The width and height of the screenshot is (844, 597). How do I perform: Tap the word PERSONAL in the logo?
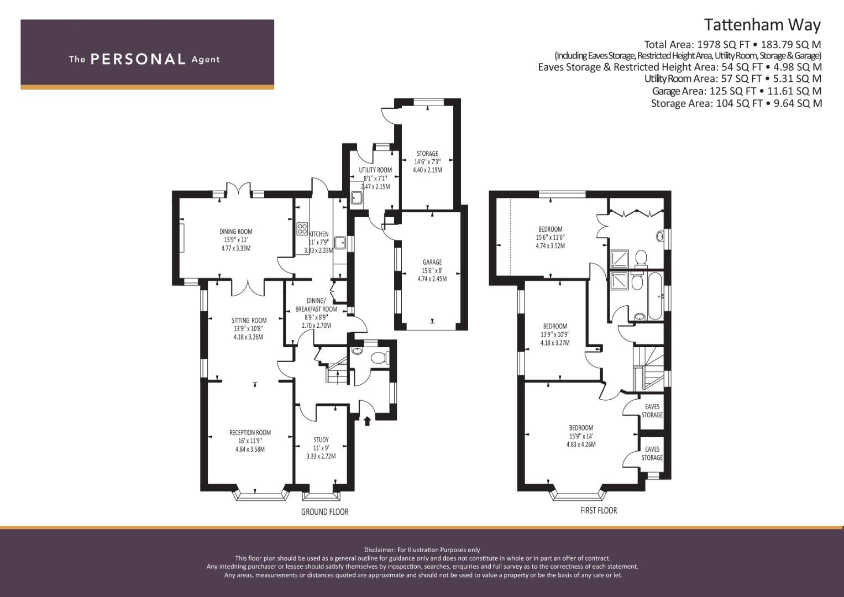(x=138, y=59)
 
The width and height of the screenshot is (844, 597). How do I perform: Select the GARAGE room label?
(x=432, y=262)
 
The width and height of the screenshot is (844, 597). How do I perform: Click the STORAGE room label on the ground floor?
(x=427, y=154)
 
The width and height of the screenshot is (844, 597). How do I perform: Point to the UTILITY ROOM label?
(x=375, y=170)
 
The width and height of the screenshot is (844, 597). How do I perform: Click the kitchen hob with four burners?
(x=302, y=229)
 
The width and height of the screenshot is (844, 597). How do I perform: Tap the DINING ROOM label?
(x=236, y=232)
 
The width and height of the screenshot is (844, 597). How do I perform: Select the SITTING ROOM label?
(x=249, y=321)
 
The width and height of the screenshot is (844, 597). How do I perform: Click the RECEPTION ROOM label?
(x=250, y=432)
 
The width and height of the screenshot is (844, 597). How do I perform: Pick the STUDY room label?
(x=321, y=440)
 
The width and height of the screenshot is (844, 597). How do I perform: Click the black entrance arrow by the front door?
(x=368, y=421)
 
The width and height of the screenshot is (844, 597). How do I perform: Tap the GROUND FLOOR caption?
(x=325, y=512)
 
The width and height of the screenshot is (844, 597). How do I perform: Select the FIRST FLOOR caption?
(x=599, y=511)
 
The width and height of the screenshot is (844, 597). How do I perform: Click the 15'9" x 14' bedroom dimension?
(x=581, y=436)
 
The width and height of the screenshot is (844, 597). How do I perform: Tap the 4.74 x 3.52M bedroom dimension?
(x=551, y=246)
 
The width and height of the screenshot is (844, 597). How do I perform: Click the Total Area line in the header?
(x=732, y=44)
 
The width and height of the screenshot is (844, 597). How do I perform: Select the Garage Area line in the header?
(x=737, y=91)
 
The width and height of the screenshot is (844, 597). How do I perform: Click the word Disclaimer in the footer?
(x=380, y=550)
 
